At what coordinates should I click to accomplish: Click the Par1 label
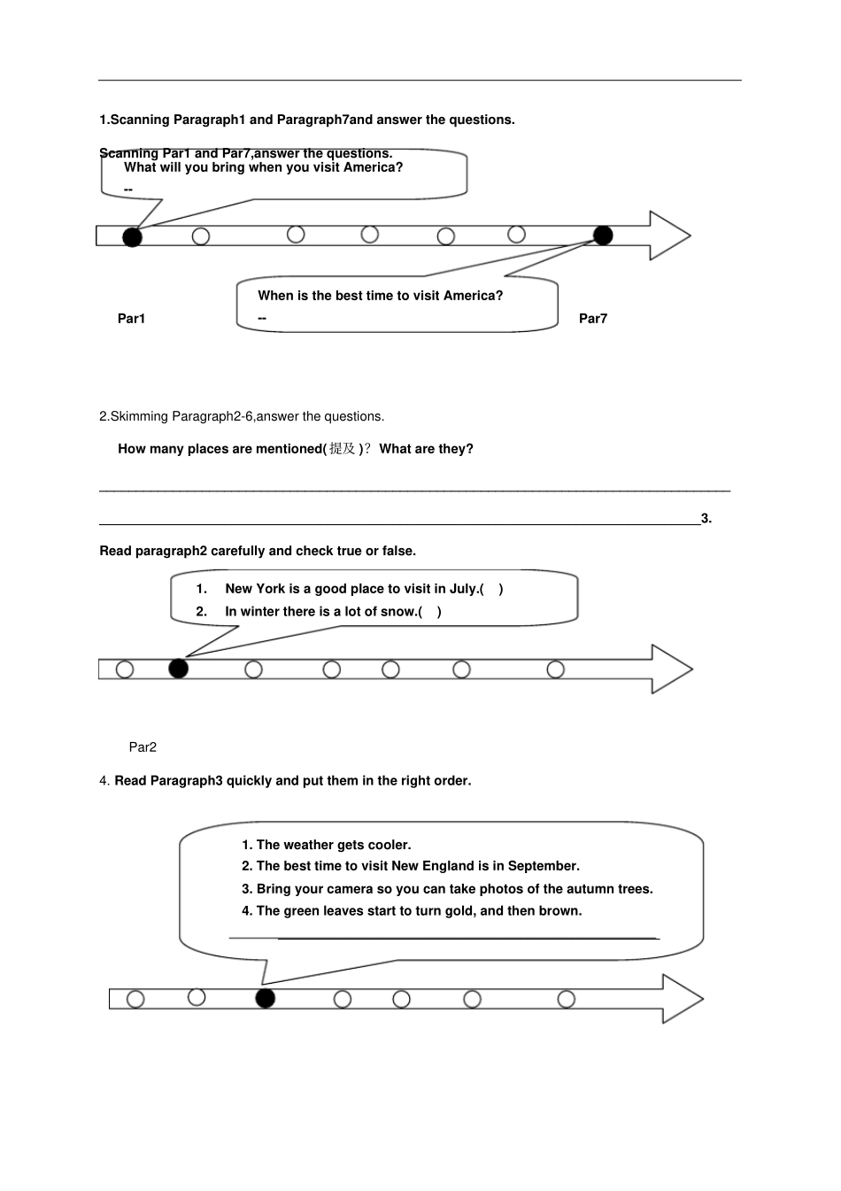tap(131, 319)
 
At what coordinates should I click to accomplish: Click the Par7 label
tap(593, 319)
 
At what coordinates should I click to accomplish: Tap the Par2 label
tap(143, 747)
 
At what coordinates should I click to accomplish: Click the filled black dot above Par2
tap(178, 669)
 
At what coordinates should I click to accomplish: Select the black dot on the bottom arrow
tap(266, 998)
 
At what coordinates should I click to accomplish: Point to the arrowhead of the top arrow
tap(670, 236)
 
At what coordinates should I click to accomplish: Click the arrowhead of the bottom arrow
tap(683, 999)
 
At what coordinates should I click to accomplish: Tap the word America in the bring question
tap(374, 167)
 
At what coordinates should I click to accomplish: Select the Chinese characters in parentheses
tap(342, 449)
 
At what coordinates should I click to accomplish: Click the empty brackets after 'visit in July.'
tap(491, 589)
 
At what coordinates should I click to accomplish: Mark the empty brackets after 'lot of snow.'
tap(429, 612)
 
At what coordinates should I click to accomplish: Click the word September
tap(544, 866)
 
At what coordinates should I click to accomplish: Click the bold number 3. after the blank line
tap(706, 518)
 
